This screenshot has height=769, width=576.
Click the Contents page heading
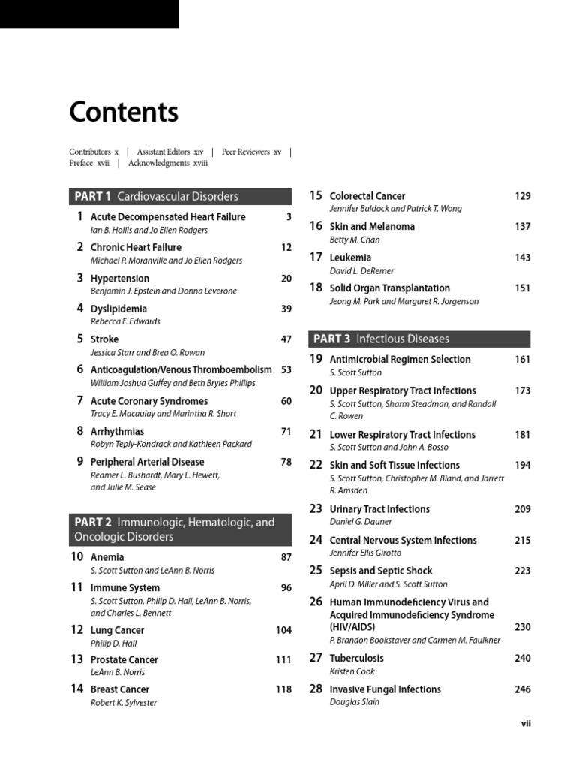(x=124, y=113)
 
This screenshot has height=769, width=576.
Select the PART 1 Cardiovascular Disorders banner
(x=180, y=197)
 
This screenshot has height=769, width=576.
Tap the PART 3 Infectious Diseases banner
(x=418, y=339)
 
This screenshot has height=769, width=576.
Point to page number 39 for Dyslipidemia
(x=286, y=309)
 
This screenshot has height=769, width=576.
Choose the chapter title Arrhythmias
(x=117, y=431)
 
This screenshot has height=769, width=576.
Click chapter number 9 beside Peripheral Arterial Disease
(x=79, y=462)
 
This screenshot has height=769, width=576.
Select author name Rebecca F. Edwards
(x=125, y=321)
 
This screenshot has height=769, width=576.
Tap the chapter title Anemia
(x=107, y=557)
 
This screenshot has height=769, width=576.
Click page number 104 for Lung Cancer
(x=283, y=630)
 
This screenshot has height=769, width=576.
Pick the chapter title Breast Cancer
(x=120, y=689)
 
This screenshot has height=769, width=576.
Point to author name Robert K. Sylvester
(x=124, y=703)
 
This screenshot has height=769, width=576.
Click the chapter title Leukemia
(x=350, y=258)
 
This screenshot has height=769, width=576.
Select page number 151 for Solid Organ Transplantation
(x=522, y=288)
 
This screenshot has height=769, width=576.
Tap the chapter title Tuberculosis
(x=356, y=659)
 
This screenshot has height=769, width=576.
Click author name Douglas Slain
(x=355, y=702)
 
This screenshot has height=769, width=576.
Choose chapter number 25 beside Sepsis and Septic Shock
(x=316, y=571)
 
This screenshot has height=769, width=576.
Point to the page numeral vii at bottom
(x=526, y=724)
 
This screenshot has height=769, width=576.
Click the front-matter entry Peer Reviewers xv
(x=251, y=152)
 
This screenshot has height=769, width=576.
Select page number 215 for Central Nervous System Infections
(x=522, y=540)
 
